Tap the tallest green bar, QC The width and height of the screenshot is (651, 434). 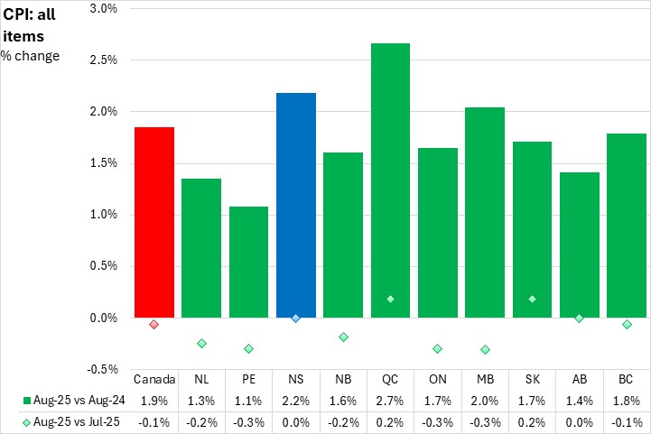390,180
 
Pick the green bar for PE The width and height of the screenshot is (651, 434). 248,262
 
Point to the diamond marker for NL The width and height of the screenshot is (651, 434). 201,343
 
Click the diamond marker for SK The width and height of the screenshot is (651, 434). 532,299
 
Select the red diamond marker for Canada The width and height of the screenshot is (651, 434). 154,324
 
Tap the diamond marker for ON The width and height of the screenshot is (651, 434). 437,348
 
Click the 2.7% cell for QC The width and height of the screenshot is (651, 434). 390,400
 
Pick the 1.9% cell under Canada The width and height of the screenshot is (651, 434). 154,400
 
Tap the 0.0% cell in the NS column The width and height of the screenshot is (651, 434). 295,420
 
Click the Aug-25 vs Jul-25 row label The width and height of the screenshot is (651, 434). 73,420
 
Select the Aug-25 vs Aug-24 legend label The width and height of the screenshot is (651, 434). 73,400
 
